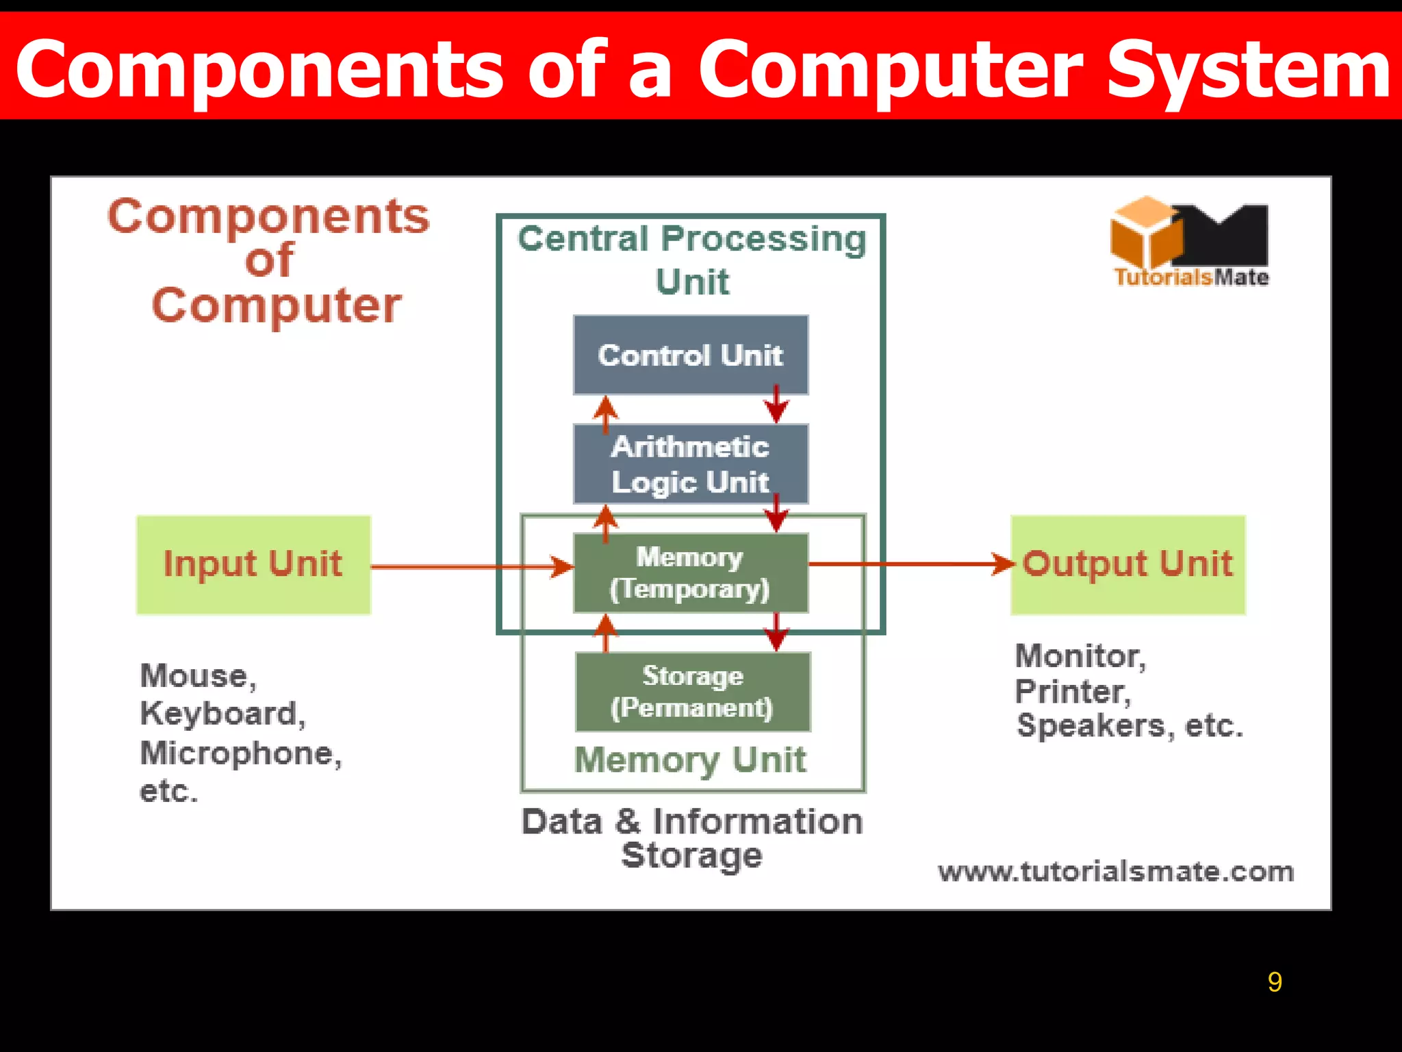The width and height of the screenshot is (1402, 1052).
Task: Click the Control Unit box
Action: coord(691,355)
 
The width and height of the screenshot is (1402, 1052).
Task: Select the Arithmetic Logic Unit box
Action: coord(691,464)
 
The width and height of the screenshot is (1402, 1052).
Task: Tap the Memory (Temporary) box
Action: coord(691,573)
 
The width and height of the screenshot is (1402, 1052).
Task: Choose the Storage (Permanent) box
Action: coord(693,692)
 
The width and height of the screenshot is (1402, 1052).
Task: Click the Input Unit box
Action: coord(253,564)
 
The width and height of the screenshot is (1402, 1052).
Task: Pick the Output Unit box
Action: coord(1127,564)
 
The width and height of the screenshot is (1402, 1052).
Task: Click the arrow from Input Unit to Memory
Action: coord(472,567)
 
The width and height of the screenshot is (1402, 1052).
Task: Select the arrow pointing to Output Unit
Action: coord(910,564)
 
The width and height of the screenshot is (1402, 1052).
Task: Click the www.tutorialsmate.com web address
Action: coord(1116,872)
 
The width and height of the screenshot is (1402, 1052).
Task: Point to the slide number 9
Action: coord(1274,982)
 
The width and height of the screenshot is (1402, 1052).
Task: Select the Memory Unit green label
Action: coord(690,760)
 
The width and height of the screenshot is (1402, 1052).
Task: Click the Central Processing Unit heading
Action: coord(692,260)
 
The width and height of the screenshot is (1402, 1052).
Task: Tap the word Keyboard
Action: coord(222,714)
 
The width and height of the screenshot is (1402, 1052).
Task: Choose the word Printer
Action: coord(1073,692)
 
